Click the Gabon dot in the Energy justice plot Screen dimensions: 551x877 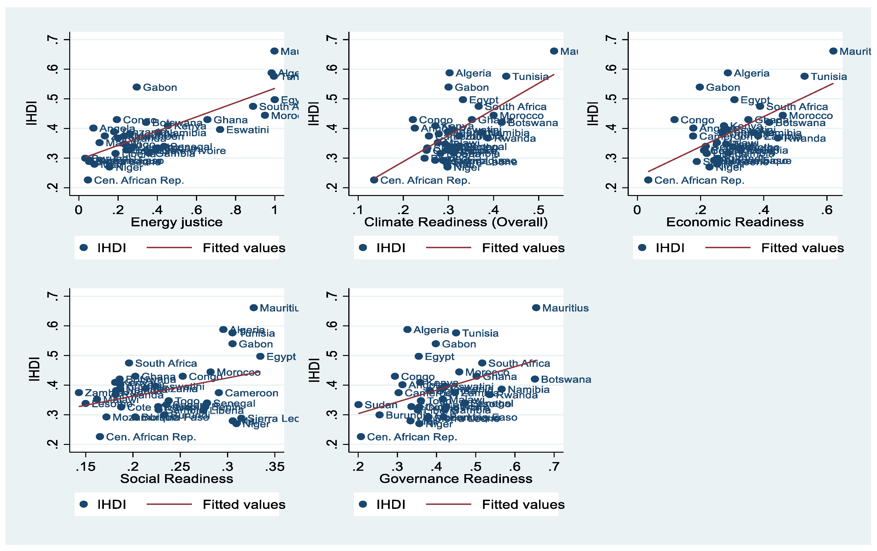(x=137, y=87)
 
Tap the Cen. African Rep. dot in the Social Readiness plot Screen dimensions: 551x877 (x=100, y=436)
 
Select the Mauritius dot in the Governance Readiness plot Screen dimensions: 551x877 (x=536, y=307)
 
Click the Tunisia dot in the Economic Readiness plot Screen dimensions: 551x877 (x=804, y=76)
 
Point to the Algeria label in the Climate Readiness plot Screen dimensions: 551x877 (x=473, y=73)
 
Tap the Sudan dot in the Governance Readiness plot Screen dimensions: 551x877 (x=358, y=404)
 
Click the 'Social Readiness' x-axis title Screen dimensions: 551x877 (x=177, y=478)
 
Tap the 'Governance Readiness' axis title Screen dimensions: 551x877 (x=456, y=478)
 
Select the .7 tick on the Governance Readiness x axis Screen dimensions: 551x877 (x=554, y=467)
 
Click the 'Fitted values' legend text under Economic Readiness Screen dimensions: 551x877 (x=802, y=248)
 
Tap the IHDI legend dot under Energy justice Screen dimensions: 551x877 (x=84, y=248)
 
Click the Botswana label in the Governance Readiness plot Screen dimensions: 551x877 (x=566, y=379)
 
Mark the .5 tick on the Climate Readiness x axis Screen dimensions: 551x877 (x=538, y=210)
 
